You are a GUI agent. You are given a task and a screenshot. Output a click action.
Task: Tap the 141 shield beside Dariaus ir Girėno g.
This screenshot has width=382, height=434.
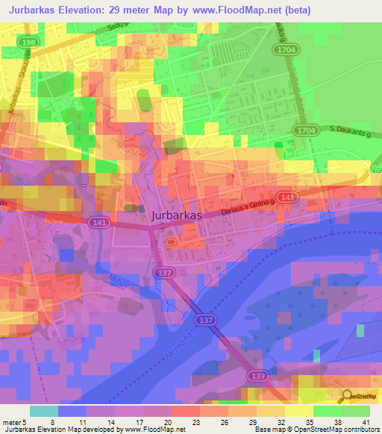coord(311,196)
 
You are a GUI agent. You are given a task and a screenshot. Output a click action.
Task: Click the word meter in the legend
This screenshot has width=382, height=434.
coord(12,423)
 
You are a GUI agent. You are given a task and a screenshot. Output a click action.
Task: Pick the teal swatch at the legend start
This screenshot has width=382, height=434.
coord(44,411)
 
